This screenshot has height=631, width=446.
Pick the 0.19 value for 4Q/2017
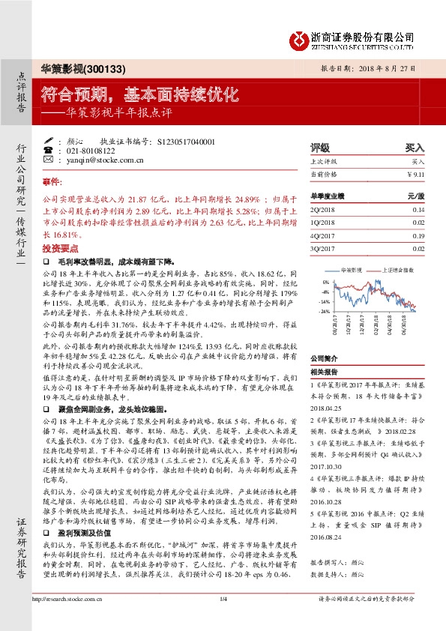418,235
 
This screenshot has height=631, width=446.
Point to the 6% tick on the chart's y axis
326,282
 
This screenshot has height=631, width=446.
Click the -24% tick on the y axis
324,310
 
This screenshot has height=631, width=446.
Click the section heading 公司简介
325,358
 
